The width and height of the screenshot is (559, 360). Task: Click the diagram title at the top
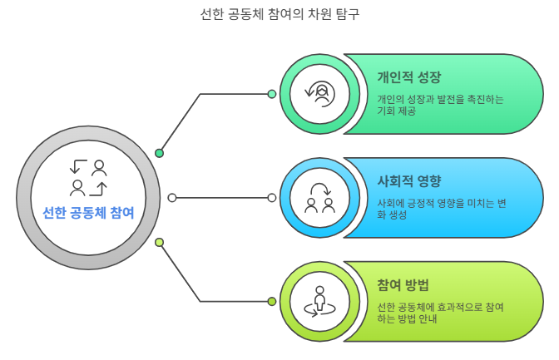(279, 14)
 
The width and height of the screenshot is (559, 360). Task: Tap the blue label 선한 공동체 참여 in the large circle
(88, 213)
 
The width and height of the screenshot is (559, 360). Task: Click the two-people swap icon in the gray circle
(89, 176)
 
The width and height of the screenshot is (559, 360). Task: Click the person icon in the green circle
(319, 94)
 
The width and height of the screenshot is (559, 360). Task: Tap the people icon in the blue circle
(319, 198)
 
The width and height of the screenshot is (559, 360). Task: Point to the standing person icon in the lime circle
(319, 301)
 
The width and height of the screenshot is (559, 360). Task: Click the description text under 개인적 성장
(440, 105)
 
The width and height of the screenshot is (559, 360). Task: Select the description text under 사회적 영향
(441, 209)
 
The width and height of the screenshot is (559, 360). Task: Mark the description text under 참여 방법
(440, 313)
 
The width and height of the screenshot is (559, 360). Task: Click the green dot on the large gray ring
(160, 153)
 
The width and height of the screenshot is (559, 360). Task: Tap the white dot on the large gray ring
(172, 198)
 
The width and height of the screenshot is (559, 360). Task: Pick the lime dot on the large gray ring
(160, 242)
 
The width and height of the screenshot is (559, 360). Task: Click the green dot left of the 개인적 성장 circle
(272, 94)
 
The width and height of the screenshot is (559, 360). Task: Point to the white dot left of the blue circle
(272, 198)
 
